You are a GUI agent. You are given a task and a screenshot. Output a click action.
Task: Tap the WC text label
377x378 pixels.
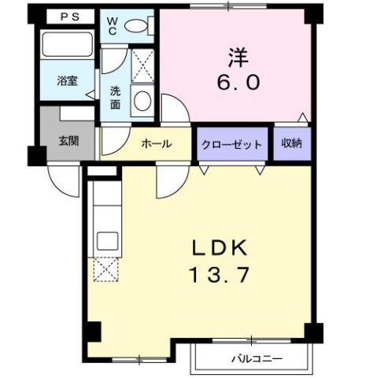(113, 24)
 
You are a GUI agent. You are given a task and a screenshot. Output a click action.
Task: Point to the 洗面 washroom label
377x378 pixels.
(115, 97)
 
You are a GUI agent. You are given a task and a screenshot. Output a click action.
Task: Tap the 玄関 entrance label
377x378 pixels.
(68, 141)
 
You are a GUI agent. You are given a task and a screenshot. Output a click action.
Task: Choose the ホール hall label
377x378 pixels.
(156, 144)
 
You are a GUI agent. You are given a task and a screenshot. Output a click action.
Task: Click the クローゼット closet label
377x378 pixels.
(232, 144)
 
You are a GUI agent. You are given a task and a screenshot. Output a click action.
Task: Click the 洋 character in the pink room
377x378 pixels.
(237, 58)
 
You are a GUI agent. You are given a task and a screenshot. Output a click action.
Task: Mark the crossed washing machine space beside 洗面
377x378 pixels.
(142, 65)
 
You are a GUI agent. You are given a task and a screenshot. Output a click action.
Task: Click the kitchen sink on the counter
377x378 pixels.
(105, 237)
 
